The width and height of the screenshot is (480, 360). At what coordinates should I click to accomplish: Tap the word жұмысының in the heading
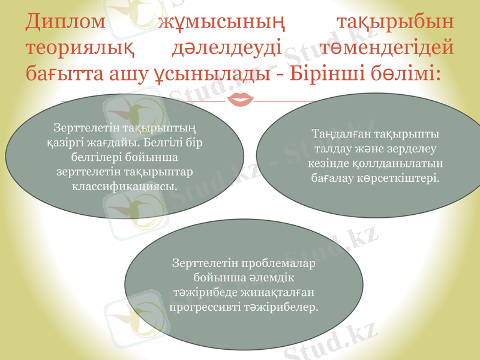[221, 22]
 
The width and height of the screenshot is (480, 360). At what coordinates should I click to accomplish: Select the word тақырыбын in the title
[394, 22]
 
